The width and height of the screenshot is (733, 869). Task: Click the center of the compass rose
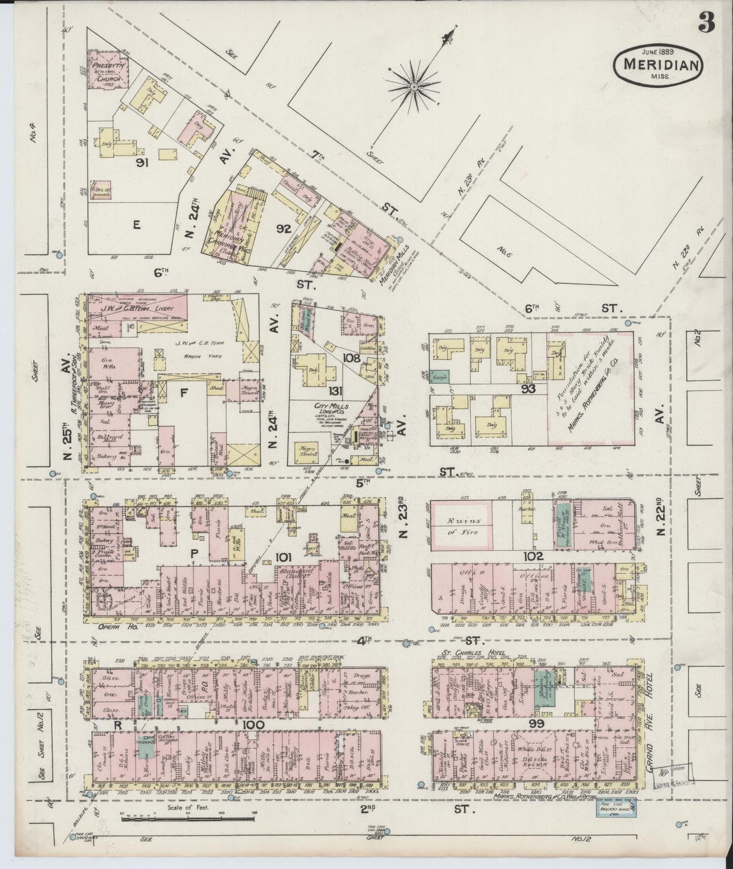[x=413, y=87]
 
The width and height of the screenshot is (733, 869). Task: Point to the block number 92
[x=283, y=229]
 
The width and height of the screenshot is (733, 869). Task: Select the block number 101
[x=283, y=557]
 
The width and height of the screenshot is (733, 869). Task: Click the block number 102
[x=533, y=556]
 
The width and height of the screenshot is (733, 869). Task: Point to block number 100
[x=253, y=725]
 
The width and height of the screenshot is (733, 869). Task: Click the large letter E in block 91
[x=136, y=226]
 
